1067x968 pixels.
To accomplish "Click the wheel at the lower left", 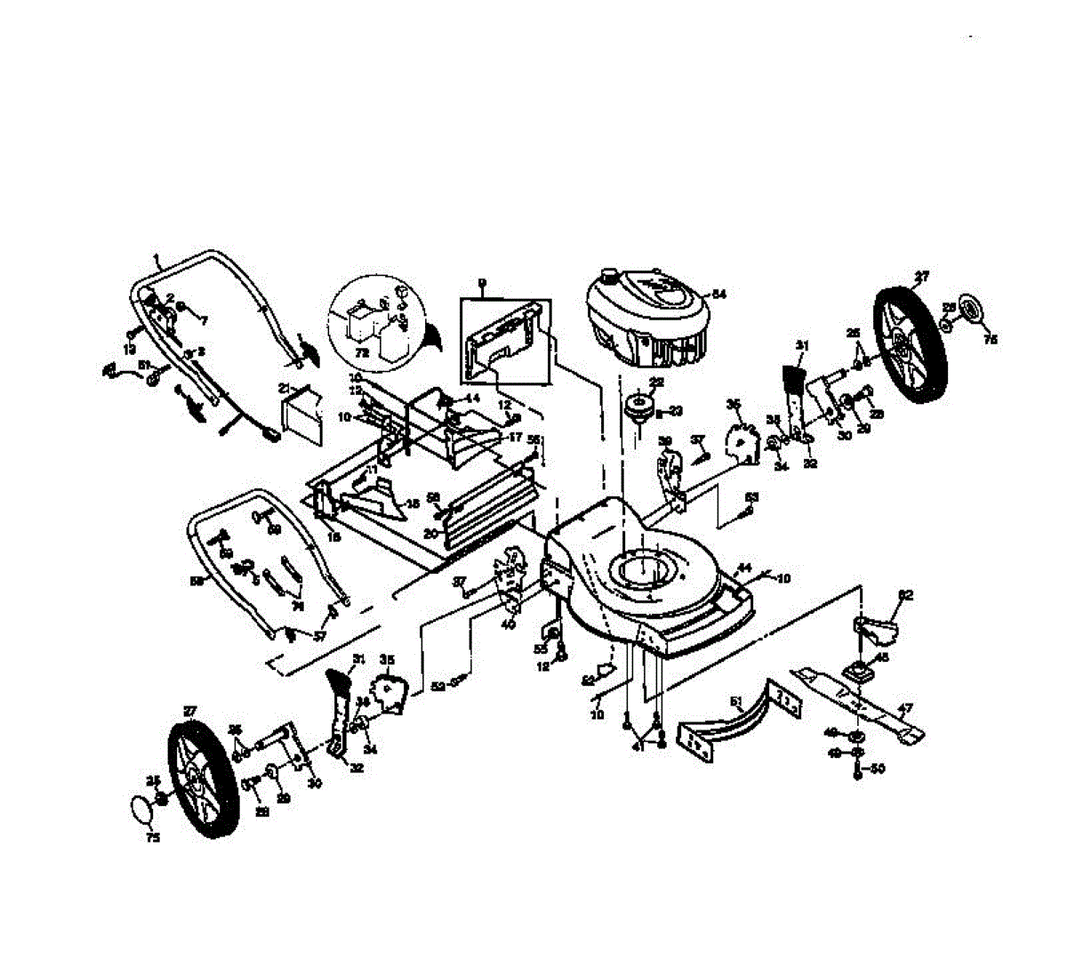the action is pyautogui.click(x=204, y=779).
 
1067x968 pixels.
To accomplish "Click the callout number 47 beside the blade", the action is pyautogui.click(x=904, y=710).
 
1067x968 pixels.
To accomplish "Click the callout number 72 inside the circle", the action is pyautogui.click(x=361, y=352).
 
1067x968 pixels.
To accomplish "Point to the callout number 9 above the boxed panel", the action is pyautogui.click(x=481, y=284).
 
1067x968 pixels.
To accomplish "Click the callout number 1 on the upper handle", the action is pyautogui.click(x=156, y=259).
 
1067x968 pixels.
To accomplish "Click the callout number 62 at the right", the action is pyautogui.click(x=905, y=594).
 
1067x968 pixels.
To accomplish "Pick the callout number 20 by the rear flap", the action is pyautogui.click(x=430, y=534).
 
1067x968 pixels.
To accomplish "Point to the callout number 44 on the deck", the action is pyautogui.click(x=743, y=568).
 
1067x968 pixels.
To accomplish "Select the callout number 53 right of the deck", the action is pyautogui.click(x=752, y=496).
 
